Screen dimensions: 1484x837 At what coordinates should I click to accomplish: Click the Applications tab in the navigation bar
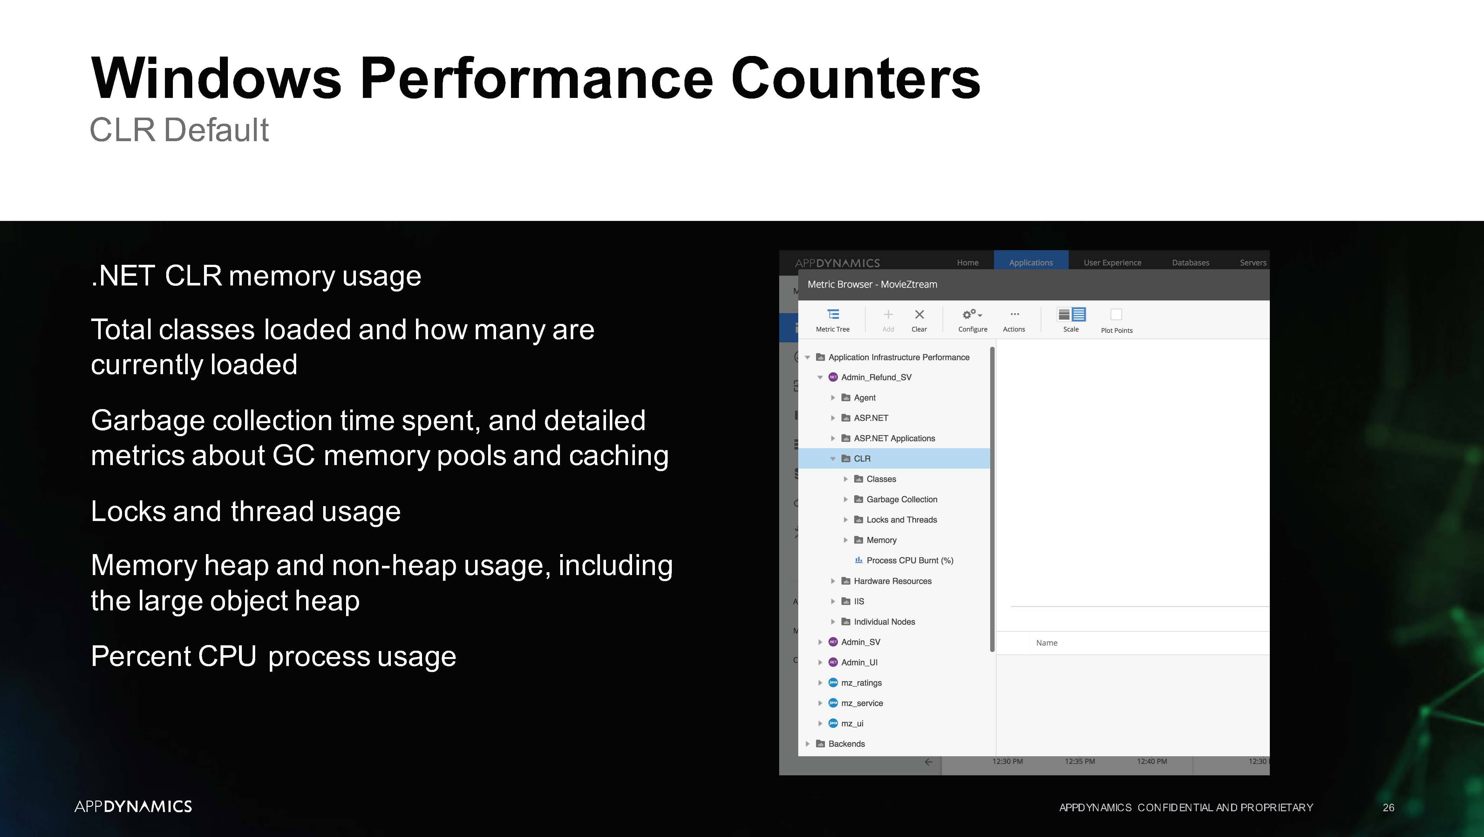coord(1031,262)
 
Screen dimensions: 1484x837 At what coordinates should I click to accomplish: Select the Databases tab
coord(1190,262)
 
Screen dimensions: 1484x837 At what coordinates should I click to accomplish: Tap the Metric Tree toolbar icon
coord(833,314)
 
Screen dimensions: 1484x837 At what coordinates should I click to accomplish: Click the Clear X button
coord(919,314)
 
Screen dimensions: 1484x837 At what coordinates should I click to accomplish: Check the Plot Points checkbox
coord(1116,314)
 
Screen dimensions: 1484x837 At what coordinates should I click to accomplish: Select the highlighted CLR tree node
coord(862,458)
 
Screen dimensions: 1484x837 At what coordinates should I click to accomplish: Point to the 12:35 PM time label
coord(1079,761)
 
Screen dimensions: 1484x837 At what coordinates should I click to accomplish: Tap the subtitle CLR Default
coord(179,130)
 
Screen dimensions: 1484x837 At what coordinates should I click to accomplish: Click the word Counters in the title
coord(855,79)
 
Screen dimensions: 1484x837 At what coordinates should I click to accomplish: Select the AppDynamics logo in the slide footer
coord(133,806)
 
